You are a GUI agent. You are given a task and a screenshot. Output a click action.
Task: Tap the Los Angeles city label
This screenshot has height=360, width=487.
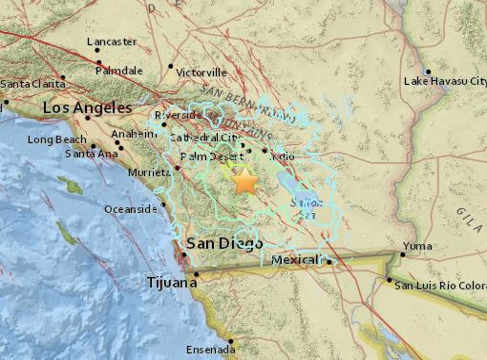pos(88,108)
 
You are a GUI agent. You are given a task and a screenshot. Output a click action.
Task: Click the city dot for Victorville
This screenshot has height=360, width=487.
pos(171,66)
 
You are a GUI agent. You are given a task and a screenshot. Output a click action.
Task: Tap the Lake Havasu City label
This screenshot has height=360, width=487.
pos(445,81)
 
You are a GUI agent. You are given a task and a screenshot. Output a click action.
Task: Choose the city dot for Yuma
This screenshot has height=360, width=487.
pos(403,255)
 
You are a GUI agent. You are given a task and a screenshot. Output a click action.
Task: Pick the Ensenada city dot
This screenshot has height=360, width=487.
pos(231,341)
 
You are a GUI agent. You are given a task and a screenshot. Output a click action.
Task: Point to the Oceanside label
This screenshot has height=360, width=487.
pos(130,210)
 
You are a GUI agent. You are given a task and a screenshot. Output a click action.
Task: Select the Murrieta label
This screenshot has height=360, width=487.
pos(149,173)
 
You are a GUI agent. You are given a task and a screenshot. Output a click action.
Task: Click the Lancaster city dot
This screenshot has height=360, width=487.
pos(97,50)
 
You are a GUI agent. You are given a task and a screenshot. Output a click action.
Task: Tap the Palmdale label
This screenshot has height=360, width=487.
pos(119,71)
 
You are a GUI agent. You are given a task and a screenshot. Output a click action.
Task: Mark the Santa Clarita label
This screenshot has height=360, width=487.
pos(33,84)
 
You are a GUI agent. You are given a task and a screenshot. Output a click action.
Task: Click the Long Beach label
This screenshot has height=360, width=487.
pos(57,140)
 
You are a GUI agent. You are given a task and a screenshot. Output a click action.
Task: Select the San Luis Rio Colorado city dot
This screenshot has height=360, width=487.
pos(389,280)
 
